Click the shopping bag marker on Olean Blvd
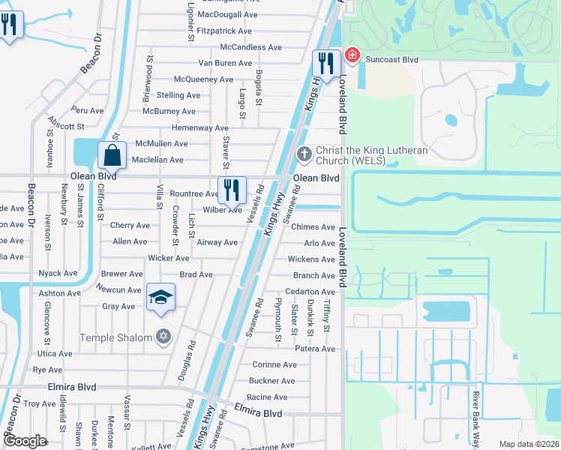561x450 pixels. [x=112, y=156]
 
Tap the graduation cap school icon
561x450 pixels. [x=160, y=298]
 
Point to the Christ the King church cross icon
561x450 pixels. [x=304, y=154]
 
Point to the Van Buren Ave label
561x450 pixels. [x=225, y=63]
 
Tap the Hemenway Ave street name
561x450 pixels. [x=200, y=128]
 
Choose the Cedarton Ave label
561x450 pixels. [x=310, y=292]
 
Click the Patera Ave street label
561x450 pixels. [x=315, y=349]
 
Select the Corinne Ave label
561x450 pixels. [x=274, y=365]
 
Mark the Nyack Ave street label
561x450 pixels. [x=58, y=274]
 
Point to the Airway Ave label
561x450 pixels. [x=217, y=242]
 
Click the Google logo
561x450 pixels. [x=25, y=441]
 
